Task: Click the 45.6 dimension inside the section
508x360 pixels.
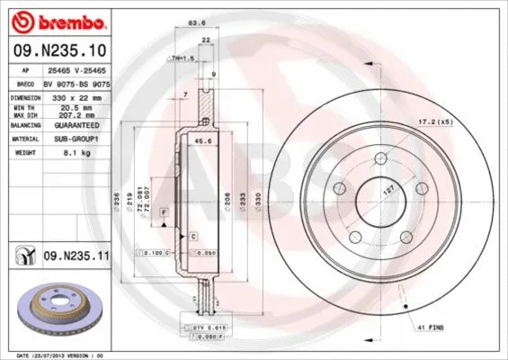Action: click(x=203, y=140)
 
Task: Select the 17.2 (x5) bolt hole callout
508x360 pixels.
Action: click(x=458, y=120)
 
